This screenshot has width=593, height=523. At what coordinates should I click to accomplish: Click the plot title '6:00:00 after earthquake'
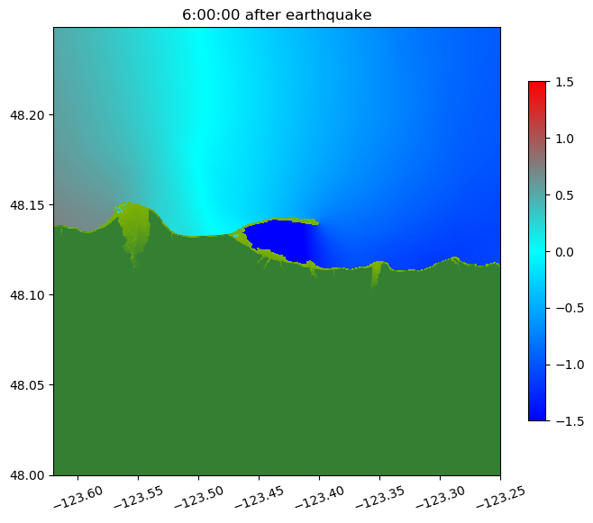click(277, 14)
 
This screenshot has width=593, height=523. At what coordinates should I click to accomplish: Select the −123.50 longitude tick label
click(198, 495)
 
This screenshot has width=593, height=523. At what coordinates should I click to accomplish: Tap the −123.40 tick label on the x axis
click(318, 495)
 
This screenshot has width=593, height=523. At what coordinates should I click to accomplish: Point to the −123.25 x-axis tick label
click(498, 495)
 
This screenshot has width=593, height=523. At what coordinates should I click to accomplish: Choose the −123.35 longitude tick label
click(379, 495)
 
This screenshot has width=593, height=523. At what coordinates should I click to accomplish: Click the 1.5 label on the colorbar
click(564, 82)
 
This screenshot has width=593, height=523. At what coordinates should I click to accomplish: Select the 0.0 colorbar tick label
click(564, 251)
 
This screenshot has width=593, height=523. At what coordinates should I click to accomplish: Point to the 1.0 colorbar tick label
click(564, 139)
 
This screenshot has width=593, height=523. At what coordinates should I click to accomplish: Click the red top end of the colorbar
click(537, 86)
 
